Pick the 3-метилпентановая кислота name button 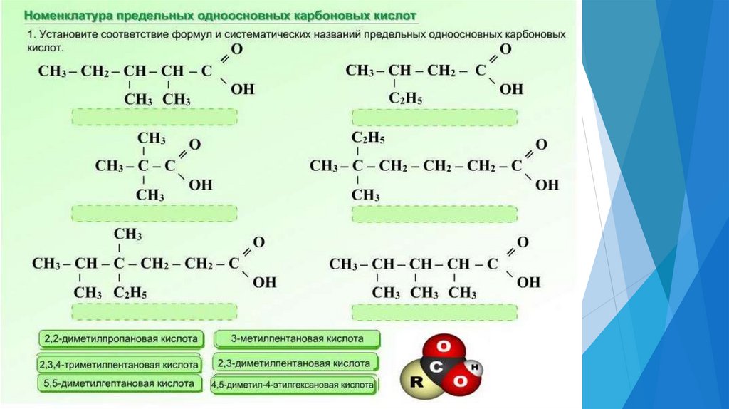pyautogui.click(x=297, y=338)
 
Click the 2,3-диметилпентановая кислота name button pyautogui.click(x=294, y=363)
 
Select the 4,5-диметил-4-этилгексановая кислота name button pyautogui.click(x=293, y=385)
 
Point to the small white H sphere pyautogui.click(x=475, y=366)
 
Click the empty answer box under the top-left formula pyautogui.click(x=154, y=117)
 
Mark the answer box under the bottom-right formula pyautogui.click(x=434, y=312)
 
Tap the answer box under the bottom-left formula pyautogui.click(x=154, y=311)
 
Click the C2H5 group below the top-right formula pyautogui.click(x=406, y=98)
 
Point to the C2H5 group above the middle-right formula pyautogui.click(x=369, y=137)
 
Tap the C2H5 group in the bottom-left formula pyautogui.click(x=131, y=292)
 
